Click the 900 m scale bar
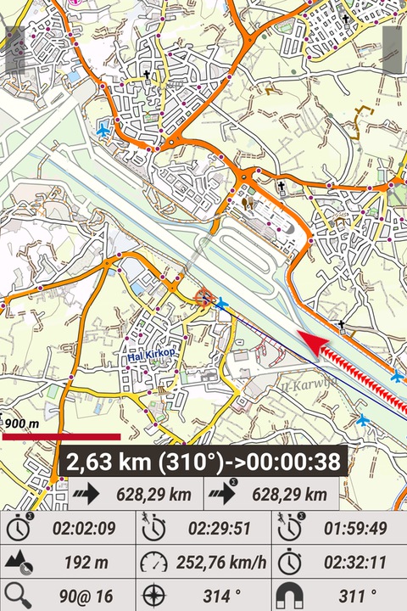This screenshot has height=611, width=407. [61, 437]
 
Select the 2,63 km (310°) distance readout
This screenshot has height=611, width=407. [203, 462]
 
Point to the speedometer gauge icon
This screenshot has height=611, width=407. [153, 561]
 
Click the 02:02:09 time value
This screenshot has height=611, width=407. [83, 529]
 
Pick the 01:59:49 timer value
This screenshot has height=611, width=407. [355, 529]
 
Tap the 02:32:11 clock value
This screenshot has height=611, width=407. [355, 561]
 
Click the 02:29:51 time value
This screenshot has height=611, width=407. [219, 529]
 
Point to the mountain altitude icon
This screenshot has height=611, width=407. [18, 561]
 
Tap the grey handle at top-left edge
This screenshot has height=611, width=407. [14, 48]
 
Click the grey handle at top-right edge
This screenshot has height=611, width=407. [392, 48]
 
